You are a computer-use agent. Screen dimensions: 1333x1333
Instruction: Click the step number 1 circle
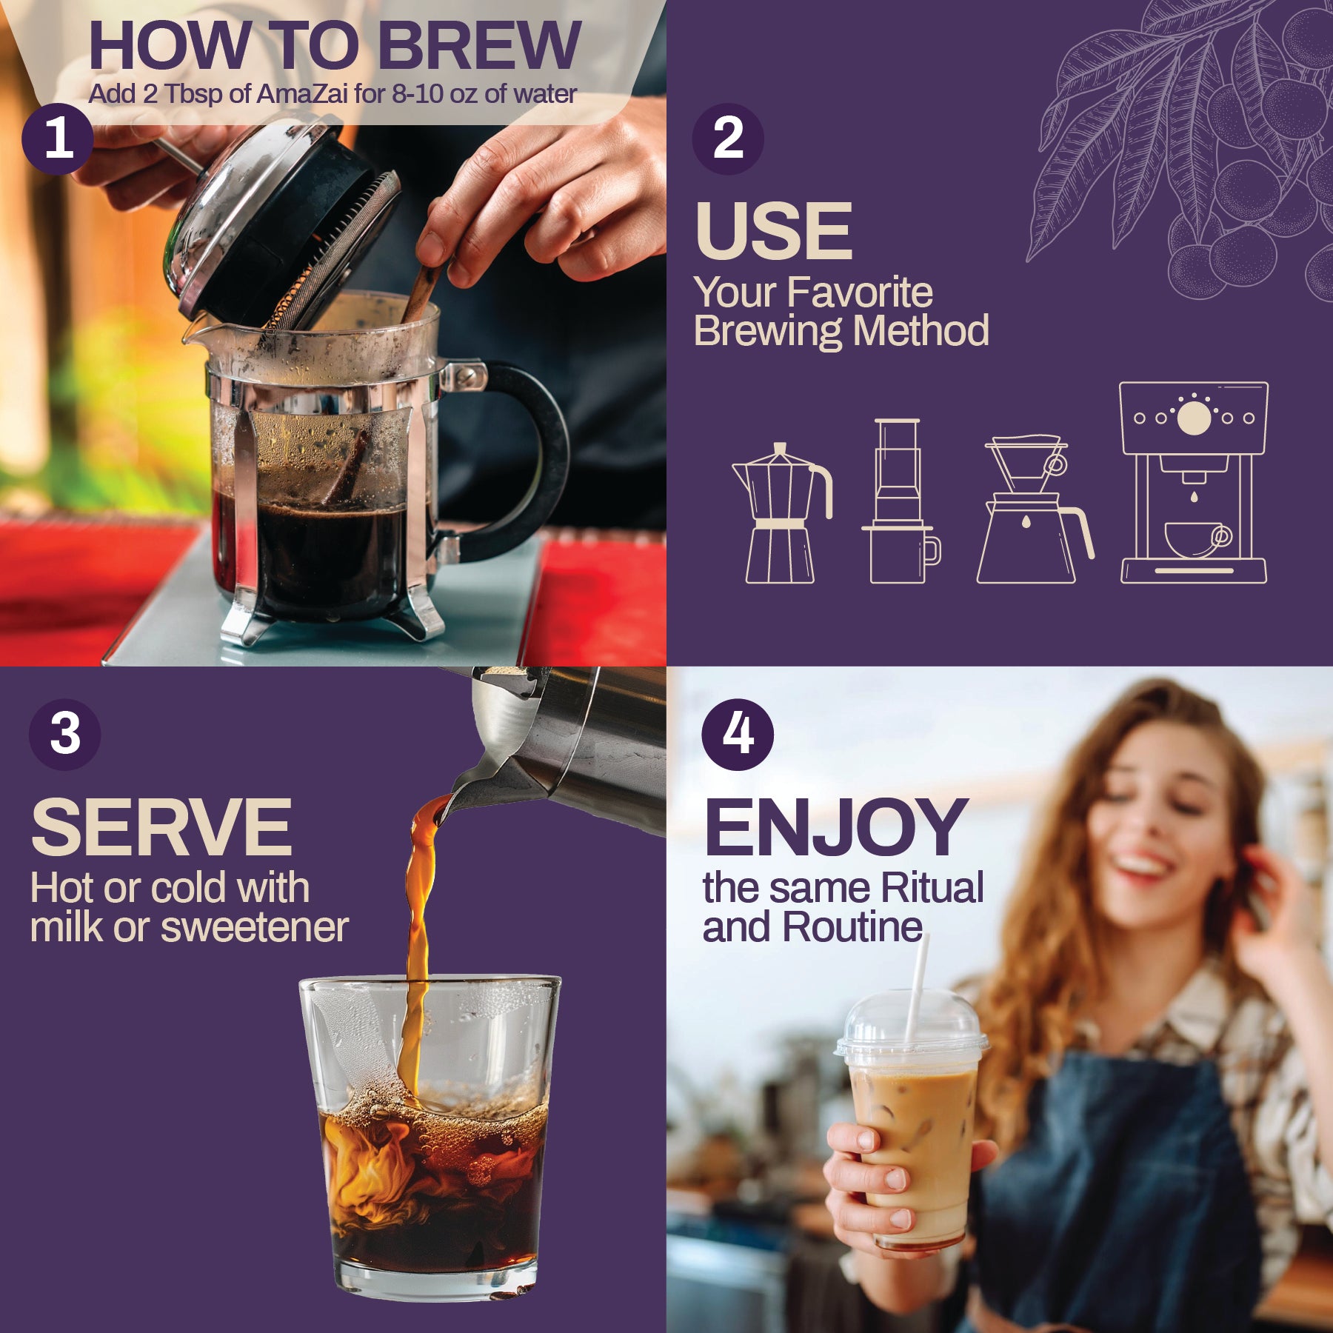pyautogui.click(x=58, y=139)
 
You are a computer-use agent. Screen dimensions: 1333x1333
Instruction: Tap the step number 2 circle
pyautogui.click(x=728, y=139)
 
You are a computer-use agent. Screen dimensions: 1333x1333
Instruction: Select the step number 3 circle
pyautogui.click(x=65, y=734)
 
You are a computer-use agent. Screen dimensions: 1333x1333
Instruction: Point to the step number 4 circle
pyautogui.click(x=738, y=734)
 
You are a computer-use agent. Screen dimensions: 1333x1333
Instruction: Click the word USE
pyautogui.click(x=774, y=231)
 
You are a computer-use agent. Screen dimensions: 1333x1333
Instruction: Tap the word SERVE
pyautogui.click(x=161, y=827)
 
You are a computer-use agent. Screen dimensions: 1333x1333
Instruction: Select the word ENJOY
pyautogui.click(x=835, y=827)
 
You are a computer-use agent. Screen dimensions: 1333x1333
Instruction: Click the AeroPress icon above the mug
pyautogui.click(x=898, y=474)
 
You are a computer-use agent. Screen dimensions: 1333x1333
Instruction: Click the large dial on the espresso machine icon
pyautogui.click(x=1194, y=418)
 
